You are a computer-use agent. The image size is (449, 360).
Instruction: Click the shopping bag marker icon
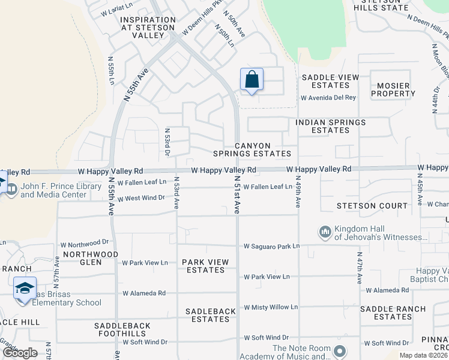click(252, 79)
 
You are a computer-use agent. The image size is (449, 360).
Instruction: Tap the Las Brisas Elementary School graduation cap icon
click(25, 289)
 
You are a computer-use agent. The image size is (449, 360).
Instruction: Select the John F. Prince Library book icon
click(11, 187)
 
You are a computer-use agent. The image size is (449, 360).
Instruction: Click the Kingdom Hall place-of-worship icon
click(325, 232)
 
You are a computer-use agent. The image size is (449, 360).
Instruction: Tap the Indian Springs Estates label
click(330, 126)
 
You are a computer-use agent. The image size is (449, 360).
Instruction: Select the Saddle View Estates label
click(330, 81)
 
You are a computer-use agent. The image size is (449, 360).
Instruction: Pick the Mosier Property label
click(393, 89)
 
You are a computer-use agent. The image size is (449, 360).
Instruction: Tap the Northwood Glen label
click(90, 258)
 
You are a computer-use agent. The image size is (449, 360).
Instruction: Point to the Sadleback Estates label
click(207, 315)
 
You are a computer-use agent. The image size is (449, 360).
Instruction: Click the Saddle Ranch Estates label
click(394, 313)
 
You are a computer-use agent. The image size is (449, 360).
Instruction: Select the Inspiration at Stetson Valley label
click(148, 28)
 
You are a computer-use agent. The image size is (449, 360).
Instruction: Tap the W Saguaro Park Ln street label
click(271, 246)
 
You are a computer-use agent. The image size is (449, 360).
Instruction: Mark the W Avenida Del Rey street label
click(328, 97)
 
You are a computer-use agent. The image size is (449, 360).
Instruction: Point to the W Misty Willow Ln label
click(271, 307)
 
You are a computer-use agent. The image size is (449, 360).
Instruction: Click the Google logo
click(20, 353)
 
